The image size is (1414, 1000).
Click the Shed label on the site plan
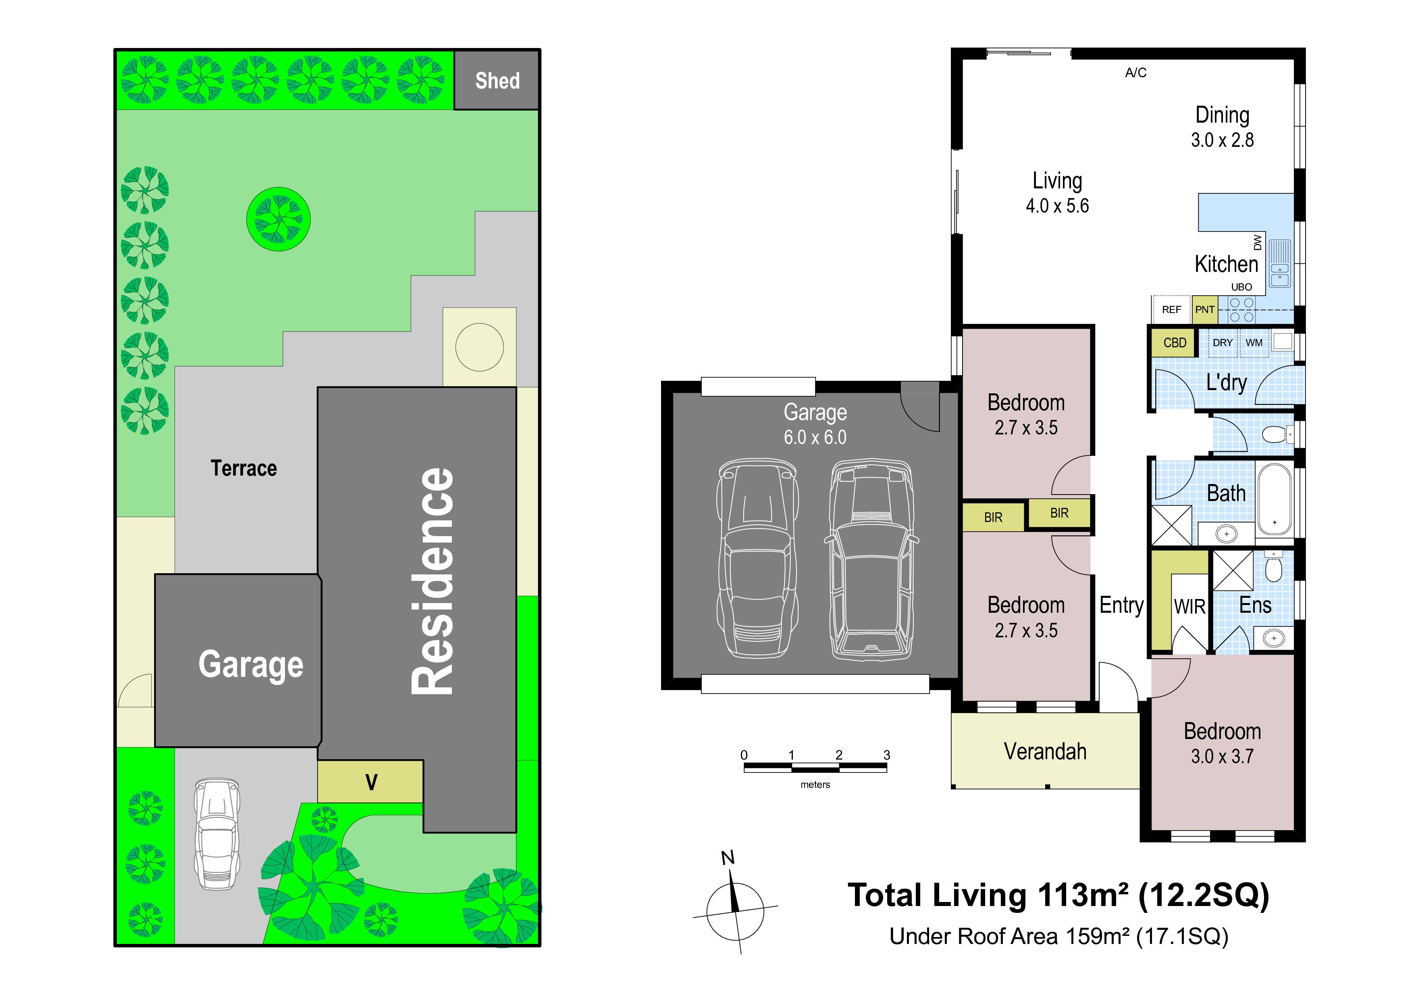tap(497, 81)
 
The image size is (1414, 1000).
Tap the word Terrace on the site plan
tap(244, 468)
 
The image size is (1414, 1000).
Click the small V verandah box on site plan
tap(371, 782)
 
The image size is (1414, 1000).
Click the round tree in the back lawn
tap(279, 219)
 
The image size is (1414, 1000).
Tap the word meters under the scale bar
tap(815, 784)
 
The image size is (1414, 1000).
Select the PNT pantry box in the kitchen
tap(1205, 309)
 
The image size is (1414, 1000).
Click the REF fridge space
tap(1171, 309)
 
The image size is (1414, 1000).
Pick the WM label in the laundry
tap(1254, 342)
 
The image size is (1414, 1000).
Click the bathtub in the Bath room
tap(1274, 499)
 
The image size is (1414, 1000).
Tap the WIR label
tap(1189, 607)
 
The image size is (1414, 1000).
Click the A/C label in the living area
tap(1135, 73)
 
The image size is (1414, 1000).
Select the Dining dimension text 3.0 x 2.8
tap(1222, 140)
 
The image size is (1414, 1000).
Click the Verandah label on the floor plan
tap(1045, 752)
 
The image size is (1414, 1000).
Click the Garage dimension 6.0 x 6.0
tap(815, 437)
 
